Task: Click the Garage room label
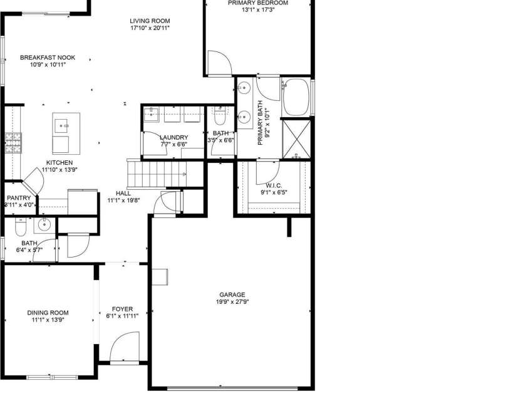click(232, 294)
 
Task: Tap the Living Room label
click(150, 20)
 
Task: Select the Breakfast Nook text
click(43, 57)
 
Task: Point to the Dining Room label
click(48, 312)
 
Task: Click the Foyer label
click(122, 309)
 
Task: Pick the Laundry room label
click(174, 137)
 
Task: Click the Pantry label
click(19, 198)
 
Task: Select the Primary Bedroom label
click(257, 3)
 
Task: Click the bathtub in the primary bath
click(296, 97)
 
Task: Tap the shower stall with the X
click(296, 138)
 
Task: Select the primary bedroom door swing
click(218, 63)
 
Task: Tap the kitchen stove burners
click(12, 143)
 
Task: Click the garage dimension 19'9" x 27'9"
click(232, 302)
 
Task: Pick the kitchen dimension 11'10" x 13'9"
click(60, 170)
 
